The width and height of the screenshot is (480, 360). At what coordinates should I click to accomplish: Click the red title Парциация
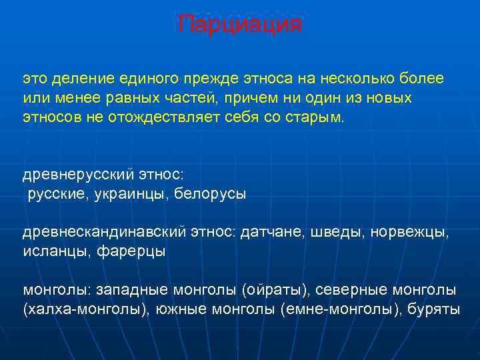pos(240,25)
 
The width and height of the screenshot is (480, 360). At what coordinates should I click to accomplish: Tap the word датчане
pos(273,233)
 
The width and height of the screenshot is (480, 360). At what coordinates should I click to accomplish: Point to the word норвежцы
pos(410,233)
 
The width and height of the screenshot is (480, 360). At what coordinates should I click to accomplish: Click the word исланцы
pos(57,252)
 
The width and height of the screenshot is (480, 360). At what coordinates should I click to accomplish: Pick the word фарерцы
pos(131,252)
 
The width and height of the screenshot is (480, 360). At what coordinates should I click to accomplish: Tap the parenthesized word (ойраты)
pos(275,290)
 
